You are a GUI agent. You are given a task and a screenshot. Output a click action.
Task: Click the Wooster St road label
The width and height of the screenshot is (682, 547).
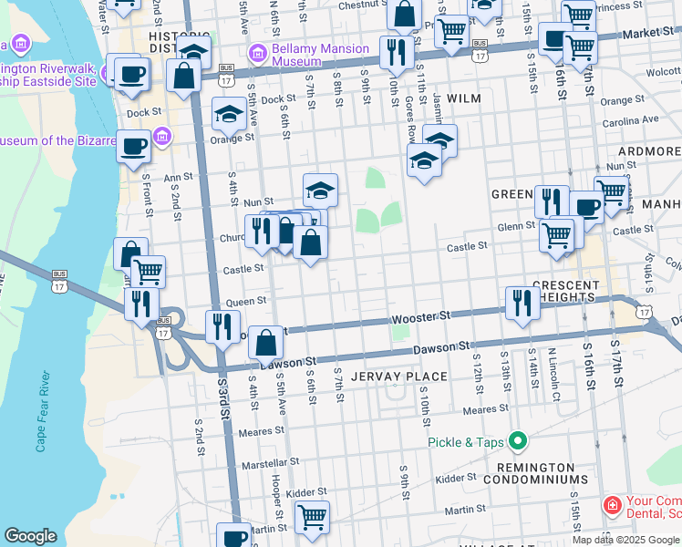point(421,318)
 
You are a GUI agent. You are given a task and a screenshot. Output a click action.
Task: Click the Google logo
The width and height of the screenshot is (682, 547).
point(30,536)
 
